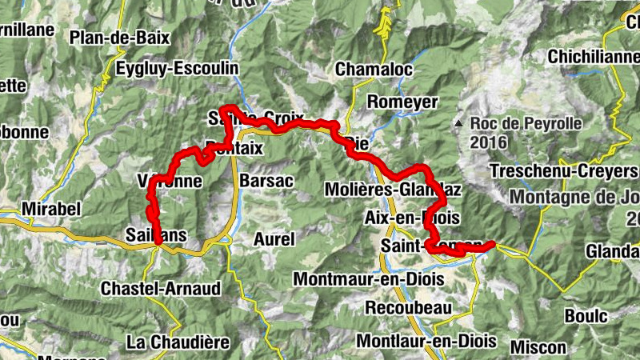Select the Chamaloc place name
(374, 70)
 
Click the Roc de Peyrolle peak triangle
(458, 124)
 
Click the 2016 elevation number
(490, 142)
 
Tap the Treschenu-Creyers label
(564, 171)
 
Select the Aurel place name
(274, 238)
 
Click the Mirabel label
(53, 208)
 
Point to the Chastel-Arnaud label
(162, 288)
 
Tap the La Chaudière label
(178, 342)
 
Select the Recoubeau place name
(408, 308)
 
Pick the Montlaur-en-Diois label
(426, 340)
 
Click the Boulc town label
(586, 316)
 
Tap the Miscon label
(538, 347)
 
